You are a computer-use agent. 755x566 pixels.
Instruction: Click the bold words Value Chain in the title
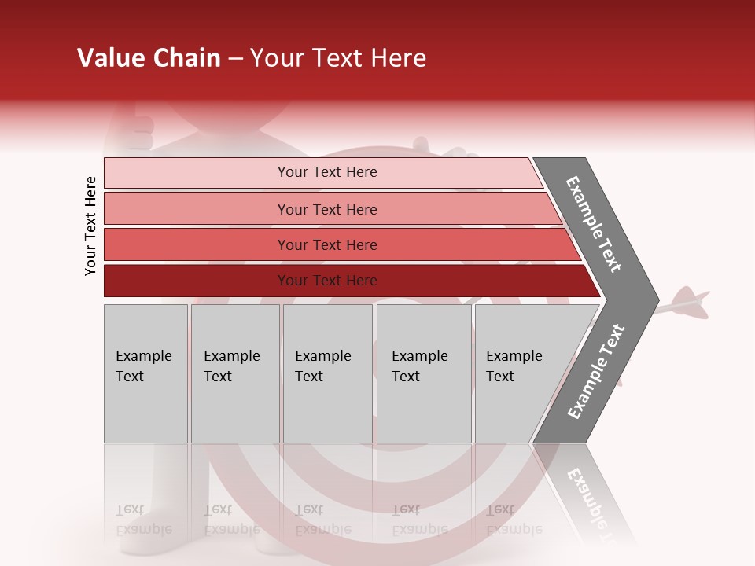point(149,58)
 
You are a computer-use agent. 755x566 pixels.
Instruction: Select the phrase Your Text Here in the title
point(338,58)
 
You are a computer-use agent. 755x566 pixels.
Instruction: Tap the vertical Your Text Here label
point(90,226)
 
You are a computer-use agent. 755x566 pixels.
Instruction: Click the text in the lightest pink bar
point(327,172)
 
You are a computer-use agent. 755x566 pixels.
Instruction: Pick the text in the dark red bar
point(327,281)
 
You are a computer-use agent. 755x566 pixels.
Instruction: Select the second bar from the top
point(327,209)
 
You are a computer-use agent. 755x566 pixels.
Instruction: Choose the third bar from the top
point(327,244)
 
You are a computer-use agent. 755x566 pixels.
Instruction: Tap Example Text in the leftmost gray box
point(143,366)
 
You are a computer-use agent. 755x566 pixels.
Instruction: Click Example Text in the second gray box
point(231,366)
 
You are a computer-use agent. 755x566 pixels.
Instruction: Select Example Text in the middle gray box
point(322,366)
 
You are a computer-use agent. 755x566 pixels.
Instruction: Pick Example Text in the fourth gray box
point(419,366)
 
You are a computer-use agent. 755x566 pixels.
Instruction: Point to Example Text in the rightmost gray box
point(514,366)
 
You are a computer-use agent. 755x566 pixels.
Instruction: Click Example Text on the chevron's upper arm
point(594,224)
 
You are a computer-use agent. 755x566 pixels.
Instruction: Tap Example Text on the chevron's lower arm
point(595,372)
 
